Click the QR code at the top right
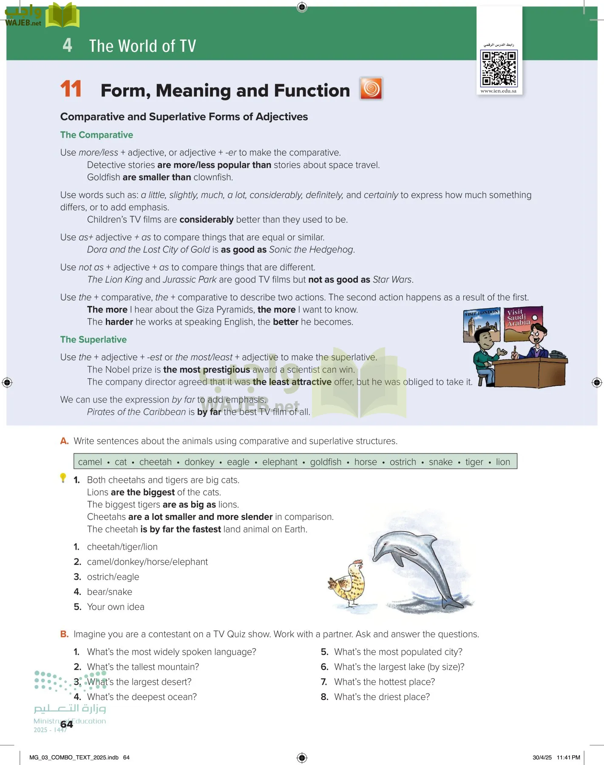(499, 68)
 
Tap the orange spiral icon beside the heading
(371, 88)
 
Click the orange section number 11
(71, 89)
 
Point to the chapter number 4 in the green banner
(67, 45)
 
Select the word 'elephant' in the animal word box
(280, 462)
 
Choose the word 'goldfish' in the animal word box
(326, 462)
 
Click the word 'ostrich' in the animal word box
(403, 462)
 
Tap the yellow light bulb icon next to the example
(63, 478)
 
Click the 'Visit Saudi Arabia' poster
(523, 323)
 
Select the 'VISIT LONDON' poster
(481, 325)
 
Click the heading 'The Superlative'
(94, 340)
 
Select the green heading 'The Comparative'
(96, 135)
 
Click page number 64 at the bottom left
(67, 724)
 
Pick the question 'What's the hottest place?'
(384, 682)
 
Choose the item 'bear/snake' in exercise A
(109, 592)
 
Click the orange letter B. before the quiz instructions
(64, 634)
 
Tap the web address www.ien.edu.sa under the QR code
(498, 91)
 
